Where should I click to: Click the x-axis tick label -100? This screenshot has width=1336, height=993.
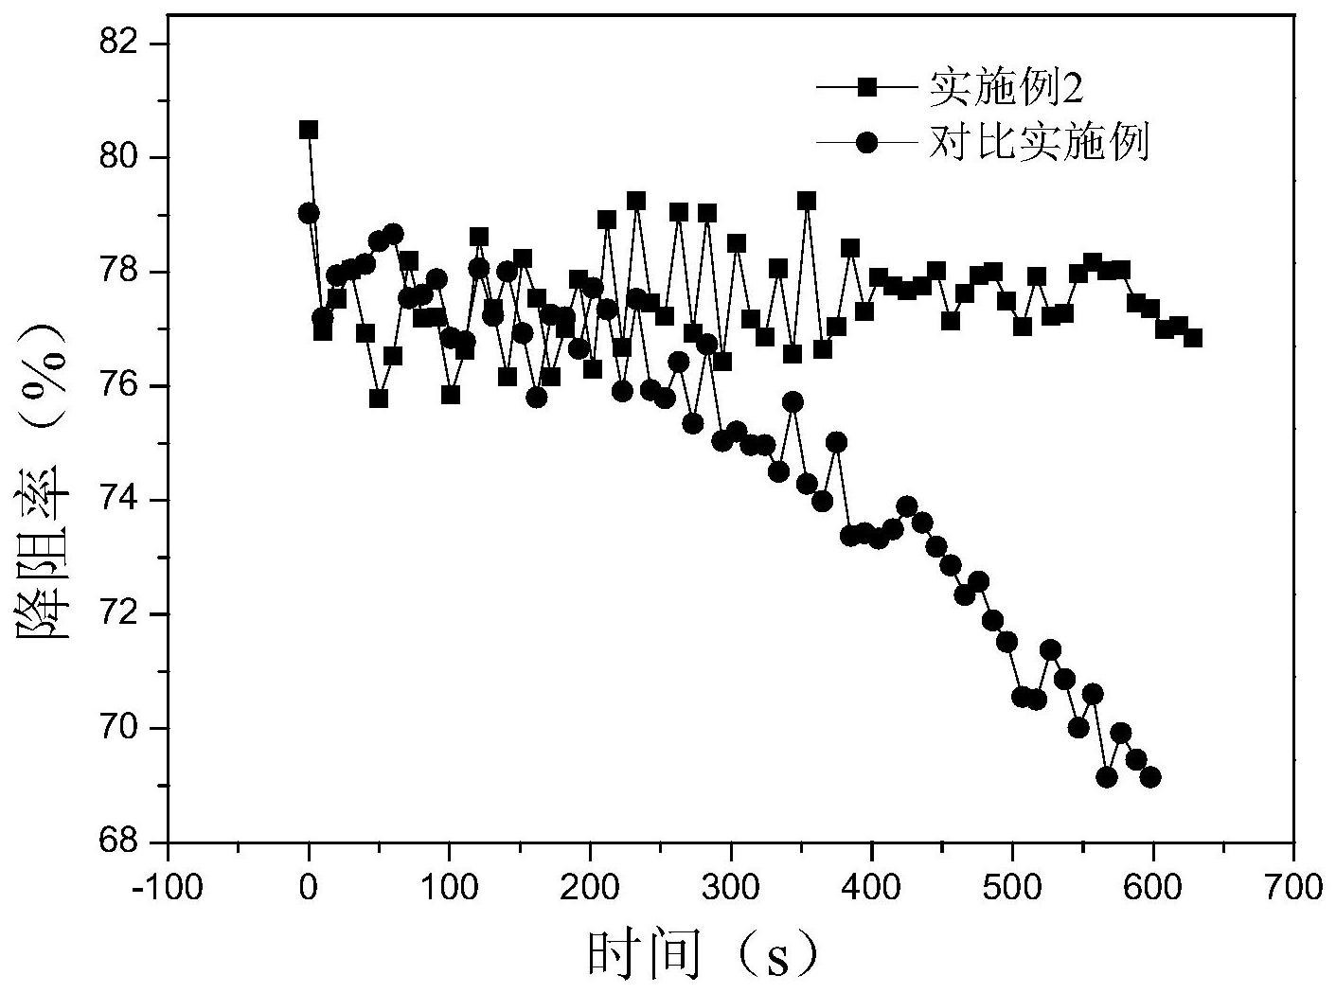tap(168, 889)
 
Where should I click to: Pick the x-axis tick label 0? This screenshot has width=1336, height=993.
tap(309, 889)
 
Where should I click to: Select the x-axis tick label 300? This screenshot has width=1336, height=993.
tap(731, 889)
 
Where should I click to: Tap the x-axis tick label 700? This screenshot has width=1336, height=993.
tap(1293, 889)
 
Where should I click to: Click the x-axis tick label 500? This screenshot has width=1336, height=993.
tap(1012, 889)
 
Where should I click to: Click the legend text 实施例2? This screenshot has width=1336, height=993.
tap(1005, 89)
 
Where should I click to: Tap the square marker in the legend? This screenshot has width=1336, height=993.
tap(868, 88)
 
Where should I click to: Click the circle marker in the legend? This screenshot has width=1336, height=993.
tap(868, 143)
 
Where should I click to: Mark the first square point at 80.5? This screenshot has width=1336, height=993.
tap(309, 130)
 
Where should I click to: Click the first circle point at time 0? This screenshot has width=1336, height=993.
tap(309, 213)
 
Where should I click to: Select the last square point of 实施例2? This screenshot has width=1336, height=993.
tap(1192, 338)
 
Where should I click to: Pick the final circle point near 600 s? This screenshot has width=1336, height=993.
tap(1150, 777)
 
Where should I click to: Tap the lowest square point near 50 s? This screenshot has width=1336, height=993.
tap(379, 399)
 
